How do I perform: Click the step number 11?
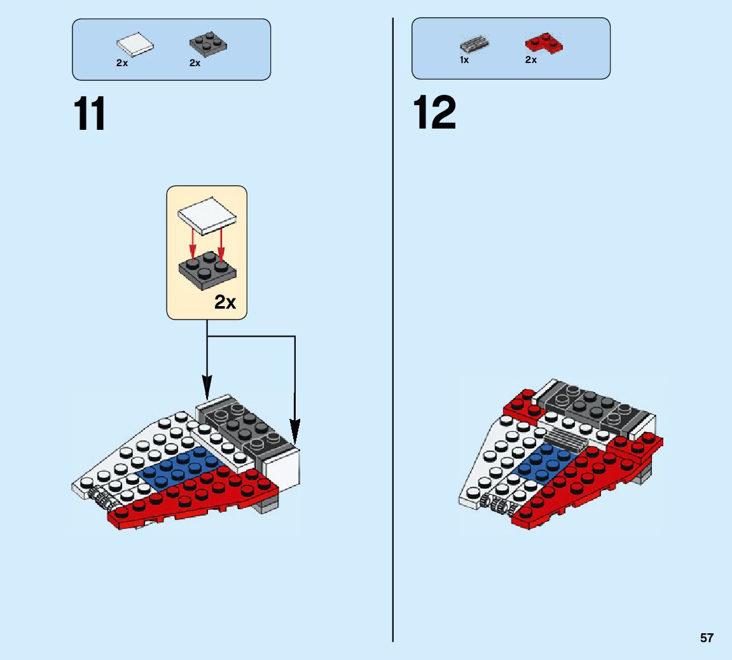pyautogui.click(x=90, y=115)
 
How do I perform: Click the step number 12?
pyautogui.click(x=435, y=113)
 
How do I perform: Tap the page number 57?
pyautogui.click(x=707, y=638)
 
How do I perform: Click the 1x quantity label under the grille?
pyautogui.click(x=464, y=60)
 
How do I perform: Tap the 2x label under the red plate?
pyautogui.click(x=531, y=60)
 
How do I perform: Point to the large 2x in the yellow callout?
pyautogui.click(x=224, y=302)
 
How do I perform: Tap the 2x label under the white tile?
pyautogui.click(x=122, y=64)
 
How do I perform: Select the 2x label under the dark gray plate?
pyautogui.click(x=195, y=64)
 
